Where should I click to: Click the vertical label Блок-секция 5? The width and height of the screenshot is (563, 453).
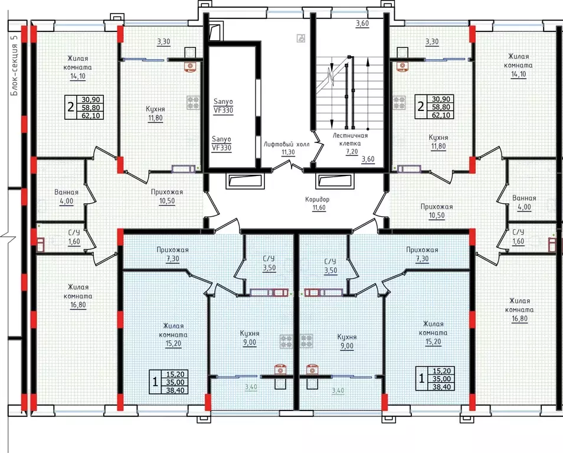14,70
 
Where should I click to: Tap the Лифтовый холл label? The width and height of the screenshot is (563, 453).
287,148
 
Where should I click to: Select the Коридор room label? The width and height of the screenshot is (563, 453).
317,203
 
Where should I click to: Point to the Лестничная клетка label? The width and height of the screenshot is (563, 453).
351,144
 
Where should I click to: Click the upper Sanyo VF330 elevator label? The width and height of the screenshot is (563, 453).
223,106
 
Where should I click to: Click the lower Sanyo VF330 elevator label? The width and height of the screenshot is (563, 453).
221,144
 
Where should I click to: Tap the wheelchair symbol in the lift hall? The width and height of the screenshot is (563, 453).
301,38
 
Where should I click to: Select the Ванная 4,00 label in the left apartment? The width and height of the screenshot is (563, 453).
67,197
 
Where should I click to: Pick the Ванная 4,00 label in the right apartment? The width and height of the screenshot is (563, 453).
524,203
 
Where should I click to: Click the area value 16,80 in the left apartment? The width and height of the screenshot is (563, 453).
78,305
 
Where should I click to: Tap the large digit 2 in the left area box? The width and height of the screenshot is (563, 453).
71,107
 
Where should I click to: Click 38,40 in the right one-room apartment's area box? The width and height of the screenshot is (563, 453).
441,386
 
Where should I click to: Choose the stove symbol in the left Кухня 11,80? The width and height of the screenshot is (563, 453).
193,102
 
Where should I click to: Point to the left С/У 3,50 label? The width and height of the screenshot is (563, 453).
269,263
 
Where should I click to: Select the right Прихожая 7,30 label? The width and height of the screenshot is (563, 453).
423,254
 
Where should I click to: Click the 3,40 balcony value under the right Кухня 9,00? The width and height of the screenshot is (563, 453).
338,390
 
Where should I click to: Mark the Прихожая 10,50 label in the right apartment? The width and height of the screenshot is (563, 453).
437,211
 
